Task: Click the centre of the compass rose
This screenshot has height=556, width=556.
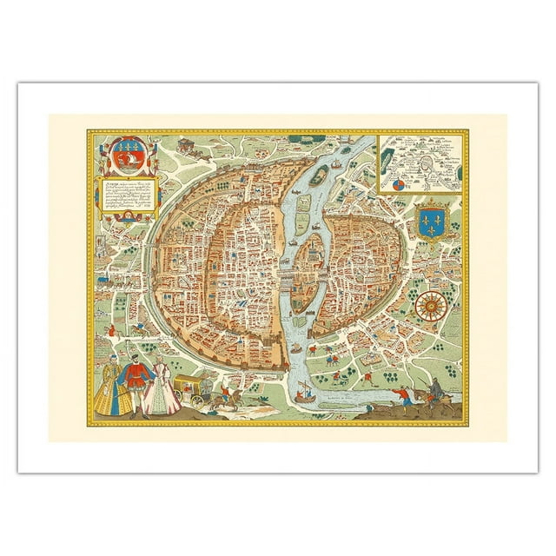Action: (427, 305)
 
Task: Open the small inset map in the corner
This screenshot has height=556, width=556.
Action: (421, 162)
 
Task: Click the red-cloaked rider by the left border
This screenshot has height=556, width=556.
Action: (112, 330)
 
